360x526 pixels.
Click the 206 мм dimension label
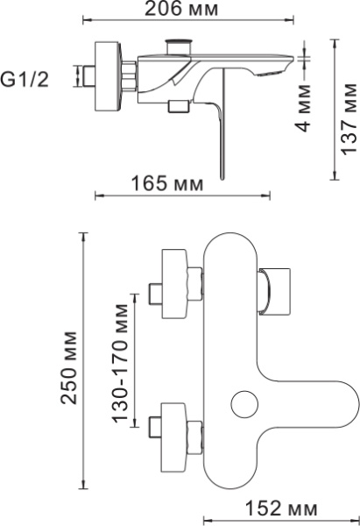coord(181,9)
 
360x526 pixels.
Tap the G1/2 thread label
coord(25,80)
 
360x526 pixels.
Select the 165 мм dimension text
coord(167,183)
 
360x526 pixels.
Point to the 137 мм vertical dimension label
coord(349,118)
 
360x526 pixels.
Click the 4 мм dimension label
coord(303,107)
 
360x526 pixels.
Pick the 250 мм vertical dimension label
coord(69,368)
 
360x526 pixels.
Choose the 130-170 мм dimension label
coord(120,363)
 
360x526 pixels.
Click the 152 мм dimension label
coord(281,508)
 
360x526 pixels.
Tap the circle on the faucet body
coord(244,403)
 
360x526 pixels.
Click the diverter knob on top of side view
coord(180,46)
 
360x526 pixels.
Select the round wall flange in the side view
coord(107,76)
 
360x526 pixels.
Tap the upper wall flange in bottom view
coord(173,284)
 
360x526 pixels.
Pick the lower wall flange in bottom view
coord(173,437)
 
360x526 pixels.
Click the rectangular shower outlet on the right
coord(274,291)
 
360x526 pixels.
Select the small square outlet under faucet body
coord(179,106)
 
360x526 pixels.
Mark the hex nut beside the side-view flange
coord(130,76)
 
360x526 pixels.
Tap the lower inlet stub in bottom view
coord(156,428)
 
